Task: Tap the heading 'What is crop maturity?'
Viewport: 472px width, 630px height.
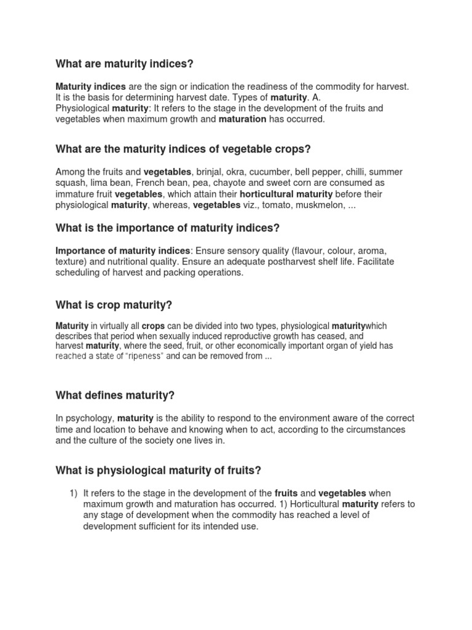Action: (x=114, y=305)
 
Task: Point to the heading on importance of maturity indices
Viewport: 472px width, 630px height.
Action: (x=167, y=228)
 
